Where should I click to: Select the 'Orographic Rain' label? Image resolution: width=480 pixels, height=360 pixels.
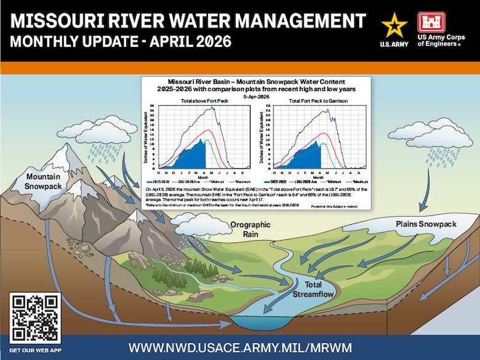point(250,230)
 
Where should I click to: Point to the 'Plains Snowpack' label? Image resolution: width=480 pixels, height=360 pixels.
point(426,224)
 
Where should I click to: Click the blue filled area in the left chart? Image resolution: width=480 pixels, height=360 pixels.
point(188,158)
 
